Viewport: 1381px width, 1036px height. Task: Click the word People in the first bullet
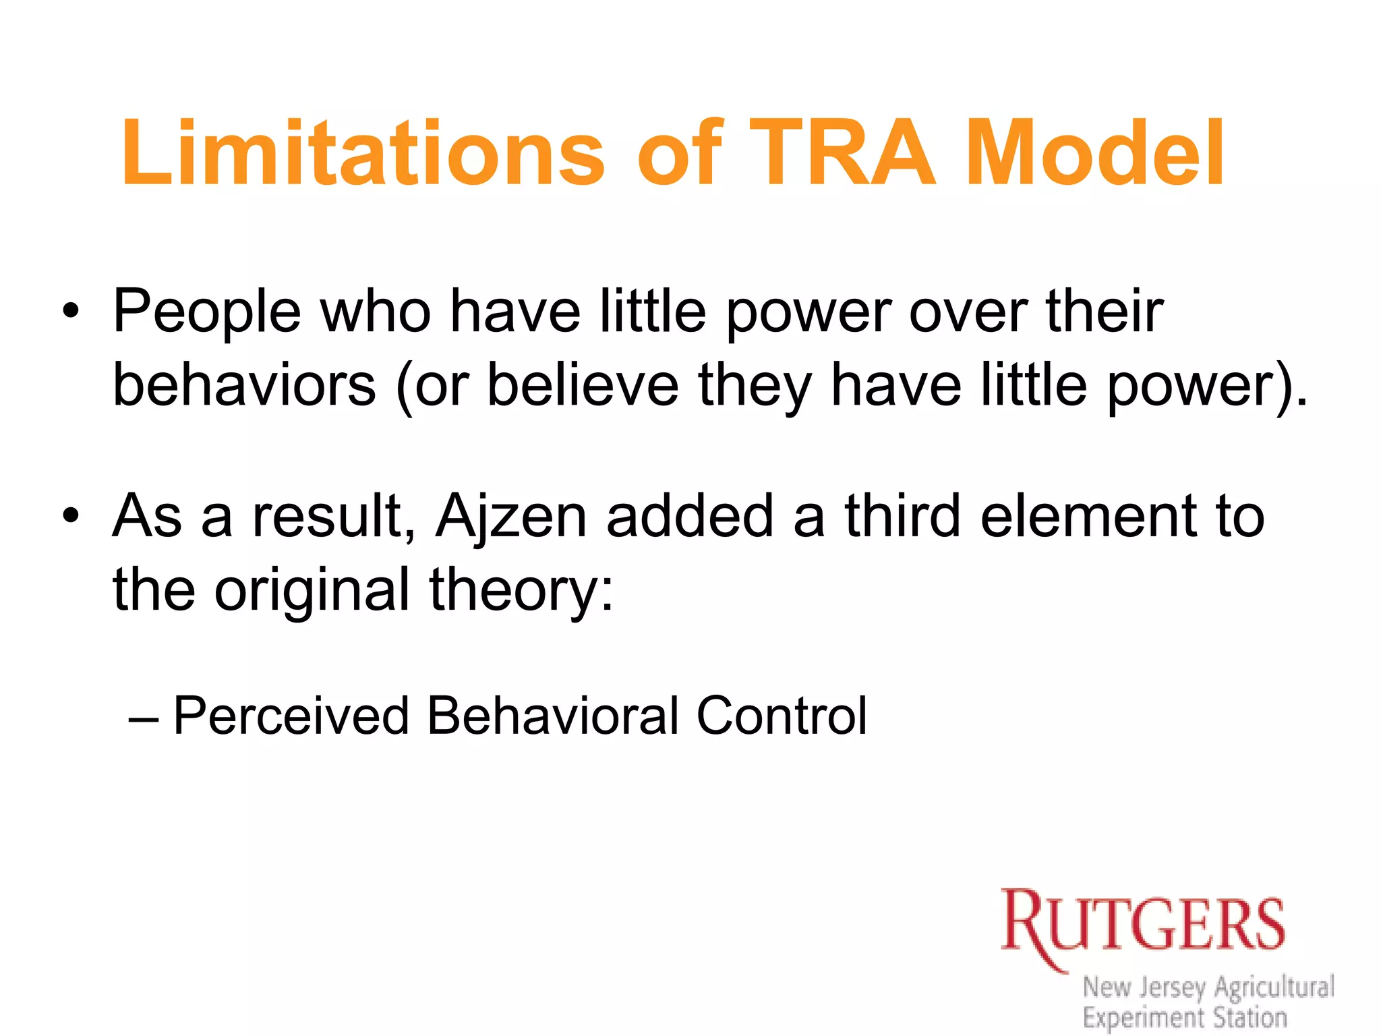206,312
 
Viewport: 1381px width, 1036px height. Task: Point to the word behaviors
244,385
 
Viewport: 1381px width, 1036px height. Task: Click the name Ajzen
512,517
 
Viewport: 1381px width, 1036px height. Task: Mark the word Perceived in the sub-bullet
291,716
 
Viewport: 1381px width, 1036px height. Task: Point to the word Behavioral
553,716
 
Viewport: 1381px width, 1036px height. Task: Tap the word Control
782,716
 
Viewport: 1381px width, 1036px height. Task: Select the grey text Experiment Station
1185,1017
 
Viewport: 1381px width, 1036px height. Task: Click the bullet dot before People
70,312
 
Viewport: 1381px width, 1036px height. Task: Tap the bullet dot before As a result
70,517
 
